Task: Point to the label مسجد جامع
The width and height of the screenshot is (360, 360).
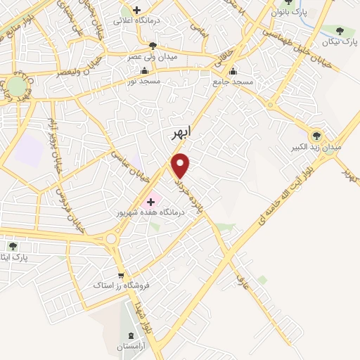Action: point(233,82)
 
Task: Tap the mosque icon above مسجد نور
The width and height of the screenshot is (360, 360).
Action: point(145,70)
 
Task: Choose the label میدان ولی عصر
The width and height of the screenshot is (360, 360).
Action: point(153,56)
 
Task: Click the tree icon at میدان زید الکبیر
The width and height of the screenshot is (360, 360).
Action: point(316,135)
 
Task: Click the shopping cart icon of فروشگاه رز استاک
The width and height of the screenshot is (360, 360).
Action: point(121,276)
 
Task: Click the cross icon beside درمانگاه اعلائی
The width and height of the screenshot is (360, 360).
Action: point(136,11)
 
